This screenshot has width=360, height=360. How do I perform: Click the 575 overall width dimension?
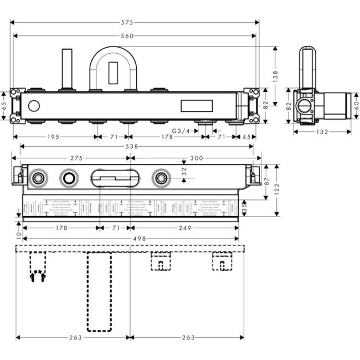[x=134, y=22]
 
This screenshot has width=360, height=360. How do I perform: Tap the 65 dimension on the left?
[x=4, y=105]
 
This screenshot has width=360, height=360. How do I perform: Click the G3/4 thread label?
[x=181, y=131]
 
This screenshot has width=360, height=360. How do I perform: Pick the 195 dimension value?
[x=54, y=136]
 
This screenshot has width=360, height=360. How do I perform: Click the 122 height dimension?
[x=275, y=190]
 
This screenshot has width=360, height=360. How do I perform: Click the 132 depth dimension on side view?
[x=322, y=132]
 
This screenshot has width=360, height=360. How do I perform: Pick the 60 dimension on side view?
[x=356, y=105]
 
